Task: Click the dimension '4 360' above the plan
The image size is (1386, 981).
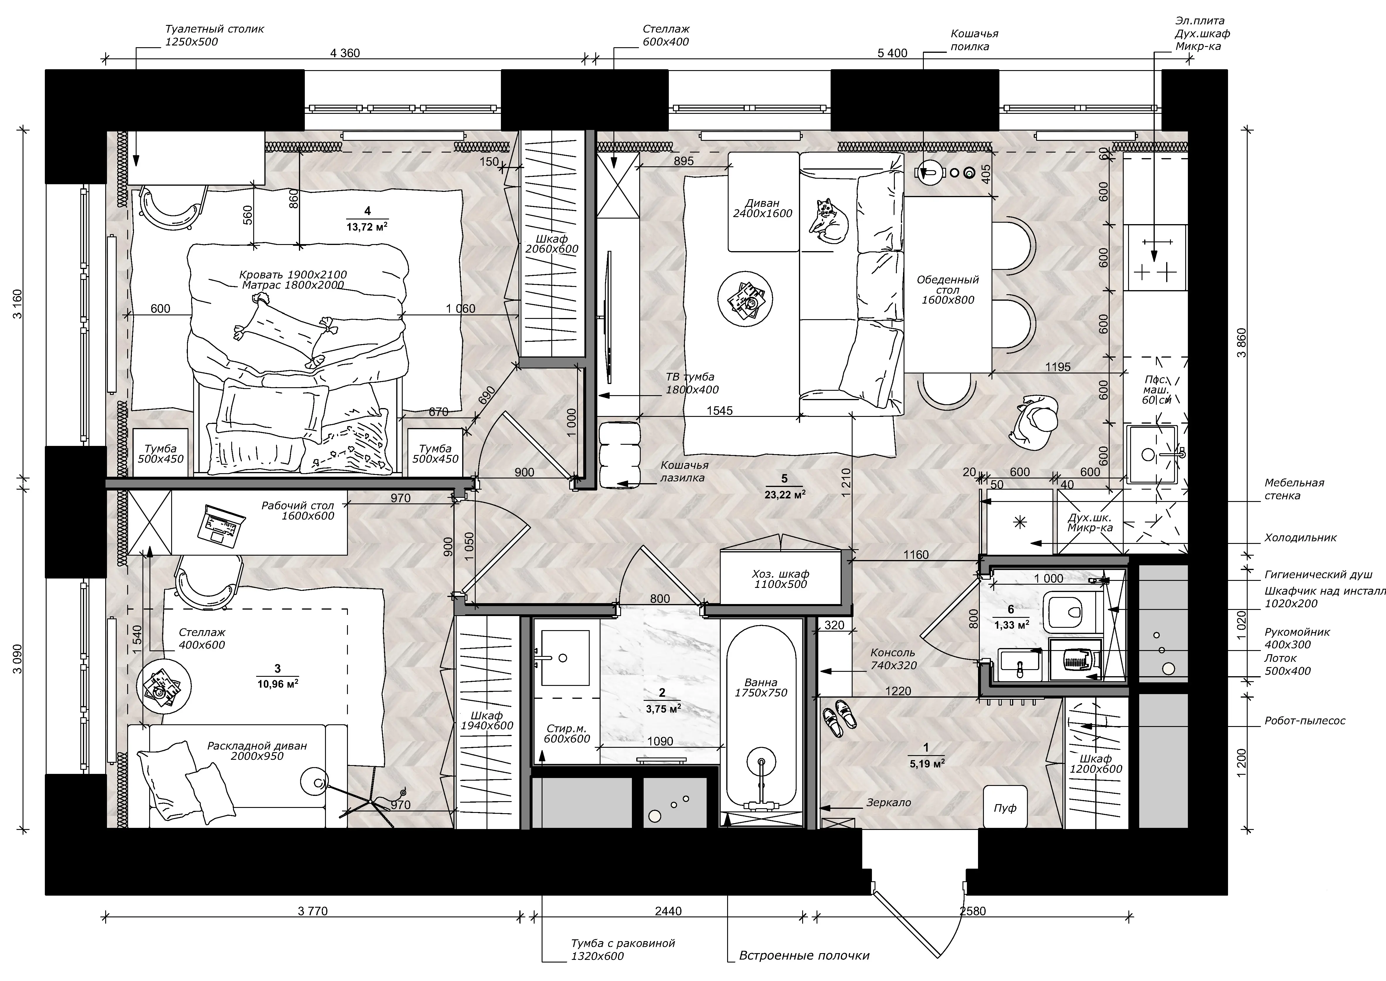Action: pyautogui.click(x=345, y=53)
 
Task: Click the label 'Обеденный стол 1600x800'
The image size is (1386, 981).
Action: pyautogui.click(x=948, y=289)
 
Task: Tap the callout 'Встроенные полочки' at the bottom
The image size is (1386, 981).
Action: pyautogui.click(x=804, y=956)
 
